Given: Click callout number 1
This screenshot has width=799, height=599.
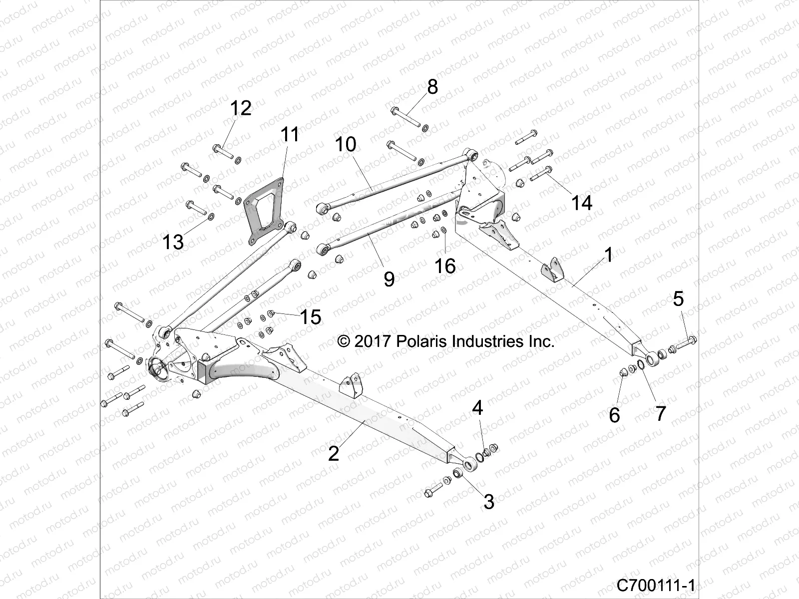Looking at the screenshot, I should tap(608, 256).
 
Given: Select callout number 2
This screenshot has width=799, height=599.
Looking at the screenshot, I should tap(334, 453).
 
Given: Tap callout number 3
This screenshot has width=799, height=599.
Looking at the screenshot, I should tap(489, 501).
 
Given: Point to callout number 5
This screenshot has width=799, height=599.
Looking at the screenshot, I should tap(678, 299).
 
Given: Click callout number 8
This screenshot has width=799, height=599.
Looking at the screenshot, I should tap(432, 86).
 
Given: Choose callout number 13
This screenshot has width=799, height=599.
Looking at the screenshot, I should tap(173, 242).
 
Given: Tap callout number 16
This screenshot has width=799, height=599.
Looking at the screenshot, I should tap(444, 266).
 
